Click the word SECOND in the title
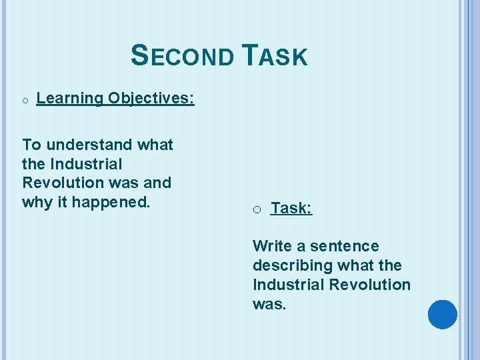click(182, 56)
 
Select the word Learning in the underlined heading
click(70, 99)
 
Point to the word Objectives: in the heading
click(151, 99)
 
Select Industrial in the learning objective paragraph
click(85, 163)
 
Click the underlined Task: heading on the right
click(291, 209)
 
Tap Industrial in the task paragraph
click(284, 284)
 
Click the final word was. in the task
click(269, 303)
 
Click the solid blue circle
click(442, 315)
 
